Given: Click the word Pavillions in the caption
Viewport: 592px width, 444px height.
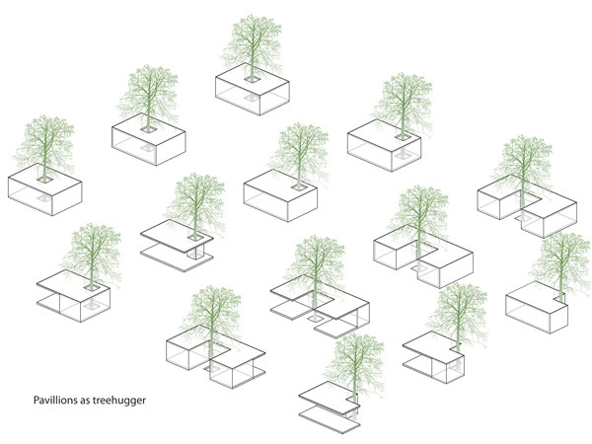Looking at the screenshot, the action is pyautogui.click(x=55, y=401).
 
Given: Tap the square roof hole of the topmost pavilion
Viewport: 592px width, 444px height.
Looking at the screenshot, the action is pyautogui.click(x=252, y=79).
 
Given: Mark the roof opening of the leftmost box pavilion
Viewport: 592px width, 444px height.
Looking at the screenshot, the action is pyautogui.click(x=44, y=180).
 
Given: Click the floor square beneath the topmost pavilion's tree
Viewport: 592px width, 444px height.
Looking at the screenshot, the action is pyautogui.click(x=251, y=98).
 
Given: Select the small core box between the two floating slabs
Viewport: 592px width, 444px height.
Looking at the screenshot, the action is pyautogui.click(x=195, y=252).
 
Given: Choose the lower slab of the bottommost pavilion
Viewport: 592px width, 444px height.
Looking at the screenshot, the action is pyautogui.click(x=329, y=419).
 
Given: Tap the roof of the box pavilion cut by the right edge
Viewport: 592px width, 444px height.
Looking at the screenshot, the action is pyautogui.click(x=536, y=297).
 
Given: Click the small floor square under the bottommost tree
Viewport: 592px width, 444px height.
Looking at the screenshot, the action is pyautogui.click(x=353, y=414).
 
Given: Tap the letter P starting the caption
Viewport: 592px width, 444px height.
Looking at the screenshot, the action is pyautogui.click(x=36, y=401).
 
